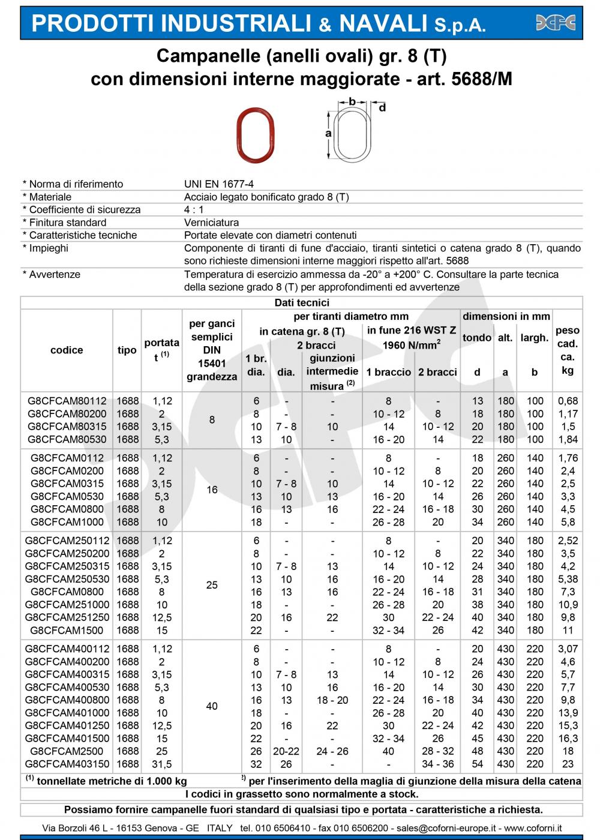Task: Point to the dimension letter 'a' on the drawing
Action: [328, 134]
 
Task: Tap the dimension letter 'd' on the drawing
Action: [382, 108]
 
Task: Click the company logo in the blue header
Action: [555, 23]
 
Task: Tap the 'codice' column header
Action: [67, 350]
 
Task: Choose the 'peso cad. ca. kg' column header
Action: [568, 350]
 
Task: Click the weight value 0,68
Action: [568, 401]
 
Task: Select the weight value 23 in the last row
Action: [568, 764]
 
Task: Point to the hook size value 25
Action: [212, 585]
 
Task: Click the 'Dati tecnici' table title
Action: [301, 303]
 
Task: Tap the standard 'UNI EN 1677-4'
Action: [219, 184]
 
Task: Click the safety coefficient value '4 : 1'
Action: [194, 209]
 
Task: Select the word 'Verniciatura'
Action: [211, 223]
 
